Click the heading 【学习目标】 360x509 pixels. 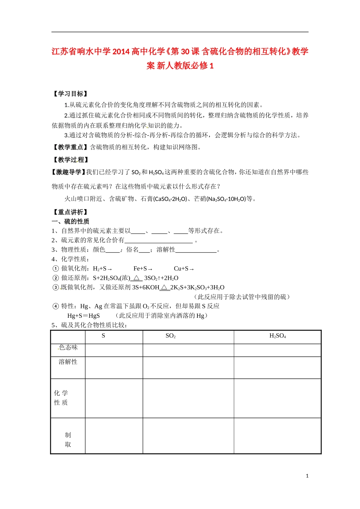click(x=70, y=94)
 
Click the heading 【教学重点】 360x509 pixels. click(x=70, y=147)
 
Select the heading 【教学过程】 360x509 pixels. click(x=70, y=160)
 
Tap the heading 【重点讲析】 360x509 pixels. click(x=70, y=212)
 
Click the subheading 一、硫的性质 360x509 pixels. click(x=70, y=221)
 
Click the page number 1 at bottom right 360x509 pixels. click(x=307, y=476)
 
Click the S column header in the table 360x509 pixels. click(x=103, y=336)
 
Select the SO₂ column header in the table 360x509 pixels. click(x=171, y=336)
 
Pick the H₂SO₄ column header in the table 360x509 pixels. click(x=277, y=336)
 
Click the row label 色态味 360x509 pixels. click(x=68, y=347)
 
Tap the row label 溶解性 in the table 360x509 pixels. click(x=68, y=362)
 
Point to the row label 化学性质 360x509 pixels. click(x=61, y=398)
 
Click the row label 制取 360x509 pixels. click(x=68, y=440)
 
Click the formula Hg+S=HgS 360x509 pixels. click(x=83, y=315)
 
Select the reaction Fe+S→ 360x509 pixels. click(x=143, y=269)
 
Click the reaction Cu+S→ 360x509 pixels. click(x=184, y=269)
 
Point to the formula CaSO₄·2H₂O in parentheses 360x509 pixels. click(x=170, y=199)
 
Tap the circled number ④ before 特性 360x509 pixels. click(x=55, y=306)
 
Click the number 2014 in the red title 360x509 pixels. click(x=121, y=52)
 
